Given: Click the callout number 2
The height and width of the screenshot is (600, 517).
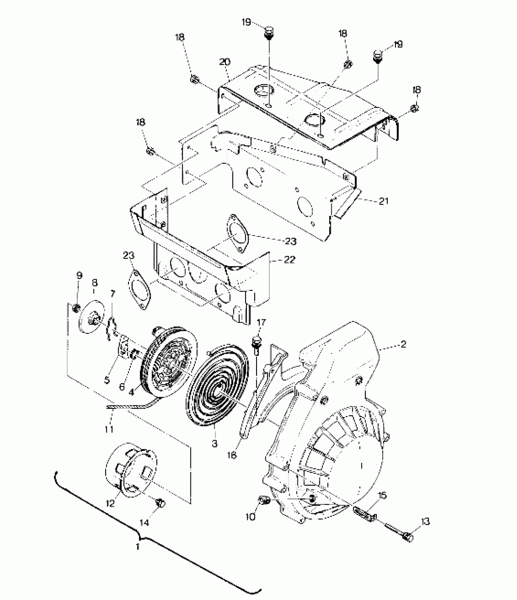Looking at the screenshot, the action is pyautogui.click(x=403, y=344).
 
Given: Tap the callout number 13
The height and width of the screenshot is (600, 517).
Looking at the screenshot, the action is pyautogui.click(x=425, y=522).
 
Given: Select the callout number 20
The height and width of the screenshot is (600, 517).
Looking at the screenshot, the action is pyautogui.click(x=224, y=62).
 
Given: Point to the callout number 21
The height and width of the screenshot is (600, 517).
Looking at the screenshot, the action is pyautogui.click(x=383, y=201).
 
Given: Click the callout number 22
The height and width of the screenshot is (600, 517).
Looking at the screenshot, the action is pyautogui.click(x=290, y=260).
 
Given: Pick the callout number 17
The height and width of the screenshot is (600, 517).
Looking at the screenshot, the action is pyautogui.click(x=262, y=323).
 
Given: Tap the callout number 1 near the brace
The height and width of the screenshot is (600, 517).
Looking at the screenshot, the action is pyautogui.click(x=137, y=547).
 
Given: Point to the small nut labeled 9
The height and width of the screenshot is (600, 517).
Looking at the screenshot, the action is pyautogui.click(x=77, y=309).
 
